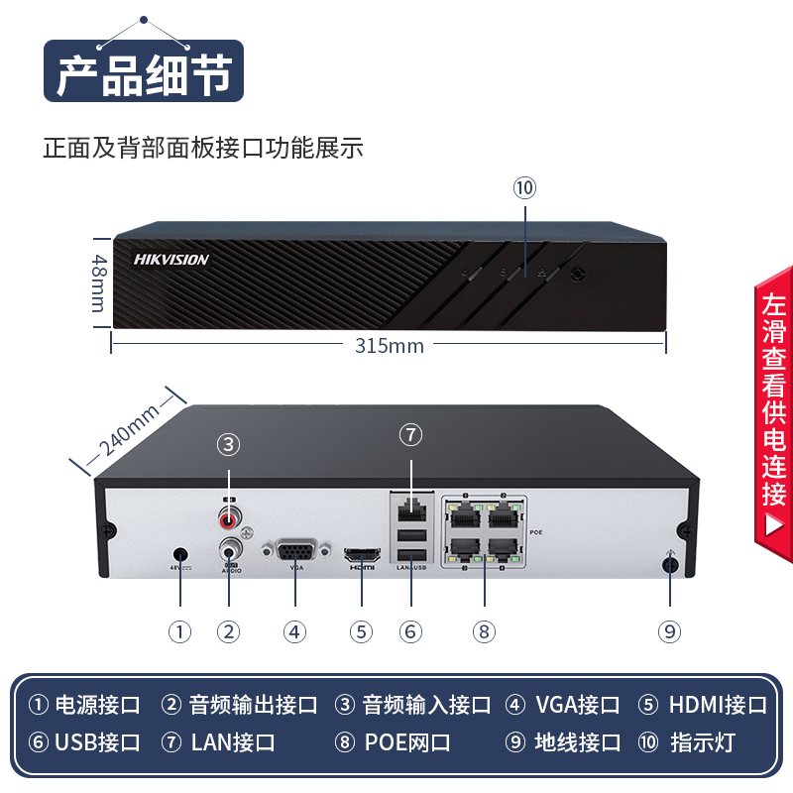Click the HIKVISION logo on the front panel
[x=171, y=260]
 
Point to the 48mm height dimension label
[x=99, y=283]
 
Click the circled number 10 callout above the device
[x=524, y=187]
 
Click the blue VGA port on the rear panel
[x=295, y=552]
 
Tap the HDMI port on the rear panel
[x=361, y=553]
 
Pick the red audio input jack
[x=230, y=516]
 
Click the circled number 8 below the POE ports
[x=484, y=631]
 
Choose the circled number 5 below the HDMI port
[x=361, y=631]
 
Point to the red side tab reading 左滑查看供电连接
[x=774, y=406]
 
